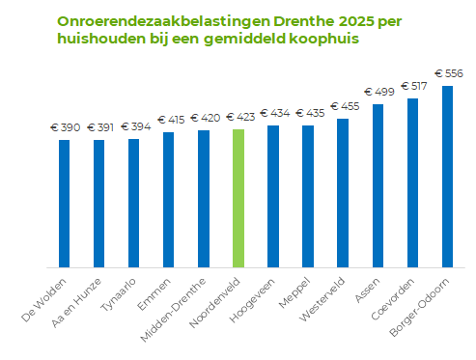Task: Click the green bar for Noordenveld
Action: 238,198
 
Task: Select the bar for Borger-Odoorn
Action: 447,176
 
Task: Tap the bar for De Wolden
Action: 65,203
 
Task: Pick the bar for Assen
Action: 378,185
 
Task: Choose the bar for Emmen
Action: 169,199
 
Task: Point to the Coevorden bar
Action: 412,182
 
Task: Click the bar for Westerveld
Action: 343,192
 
